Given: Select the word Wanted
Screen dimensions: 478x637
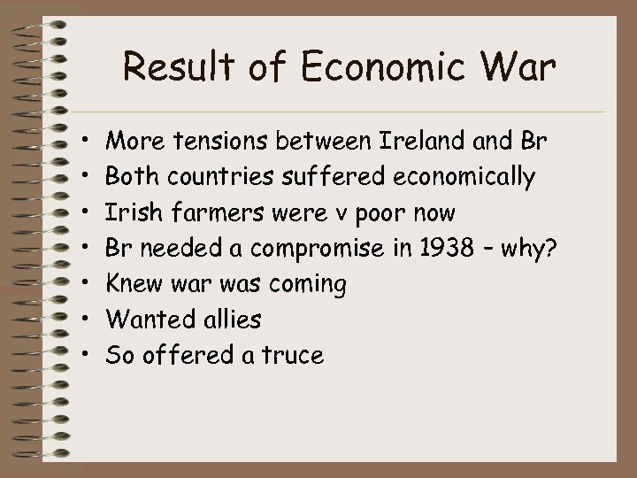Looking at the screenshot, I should pyautogui.click(x=142, y=320).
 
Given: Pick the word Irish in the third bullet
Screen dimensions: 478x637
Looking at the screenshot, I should pyautogui.click(x=128, y=212).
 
